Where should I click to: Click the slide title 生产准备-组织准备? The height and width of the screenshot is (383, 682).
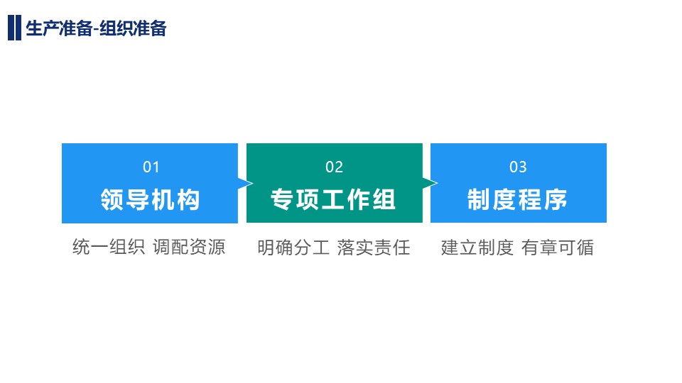click(96, 28)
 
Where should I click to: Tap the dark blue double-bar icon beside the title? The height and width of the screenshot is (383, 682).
click(14, 28)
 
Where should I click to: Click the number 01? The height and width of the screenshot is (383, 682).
click(151, 167)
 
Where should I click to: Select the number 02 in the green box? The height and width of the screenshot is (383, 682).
click(334, 167)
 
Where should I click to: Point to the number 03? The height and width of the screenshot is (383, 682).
click(518, 167)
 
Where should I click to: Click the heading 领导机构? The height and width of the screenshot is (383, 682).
click(150, 200)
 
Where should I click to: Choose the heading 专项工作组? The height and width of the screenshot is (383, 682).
click(333, 200)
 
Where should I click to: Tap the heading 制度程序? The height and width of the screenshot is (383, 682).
click(518, 200)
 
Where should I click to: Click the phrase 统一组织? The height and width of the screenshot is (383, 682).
click(109, 247)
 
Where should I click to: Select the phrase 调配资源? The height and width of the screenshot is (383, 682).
click(189, 247)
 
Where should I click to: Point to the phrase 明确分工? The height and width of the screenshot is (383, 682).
click(293, 248)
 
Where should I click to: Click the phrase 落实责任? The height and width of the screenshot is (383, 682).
click(374, 248)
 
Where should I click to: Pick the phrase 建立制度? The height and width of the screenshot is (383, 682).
click(477, 248)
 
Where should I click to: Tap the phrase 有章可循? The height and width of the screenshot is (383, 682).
click(558, 248)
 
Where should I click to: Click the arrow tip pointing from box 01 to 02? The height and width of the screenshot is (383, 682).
click(253, 183)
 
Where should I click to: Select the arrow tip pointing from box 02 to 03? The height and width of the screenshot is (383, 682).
click(437, 183)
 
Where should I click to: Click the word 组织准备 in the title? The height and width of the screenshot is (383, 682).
click(133, 28)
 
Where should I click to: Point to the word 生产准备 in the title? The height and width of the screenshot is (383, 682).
click(59, 28)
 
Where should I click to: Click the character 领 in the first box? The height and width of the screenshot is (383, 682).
click(112, 200)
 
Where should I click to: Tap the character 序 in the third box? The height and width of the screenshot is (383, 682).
click(556, 200)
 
